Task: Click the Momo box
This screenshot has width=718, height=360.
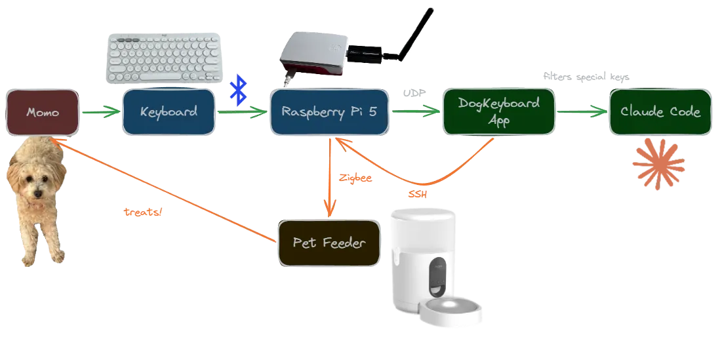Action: [x=43, y=112]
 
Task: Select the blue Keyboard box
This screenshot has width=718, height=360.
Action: [x=169, y=111]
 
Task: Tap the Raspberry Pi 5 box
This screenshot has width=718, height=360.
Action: [x=329, y=111]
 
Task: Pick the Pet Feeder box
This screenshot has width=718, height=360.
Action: [x=329, y=243]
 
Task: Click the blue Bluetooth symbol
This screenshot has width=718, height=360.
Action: [x=240, y=90]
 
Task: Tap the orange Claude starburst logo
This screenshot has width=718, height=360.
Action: [x=659, y=164]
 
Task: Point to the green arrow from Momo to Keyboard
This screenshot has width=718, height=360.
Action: [x=100, y=112]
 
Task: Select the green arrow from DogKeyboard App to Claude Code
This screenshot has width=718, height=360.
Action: [x=582, y=112]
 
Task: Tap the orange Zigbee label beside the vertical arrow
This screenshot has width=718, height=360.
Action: [x=356, y=178]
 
